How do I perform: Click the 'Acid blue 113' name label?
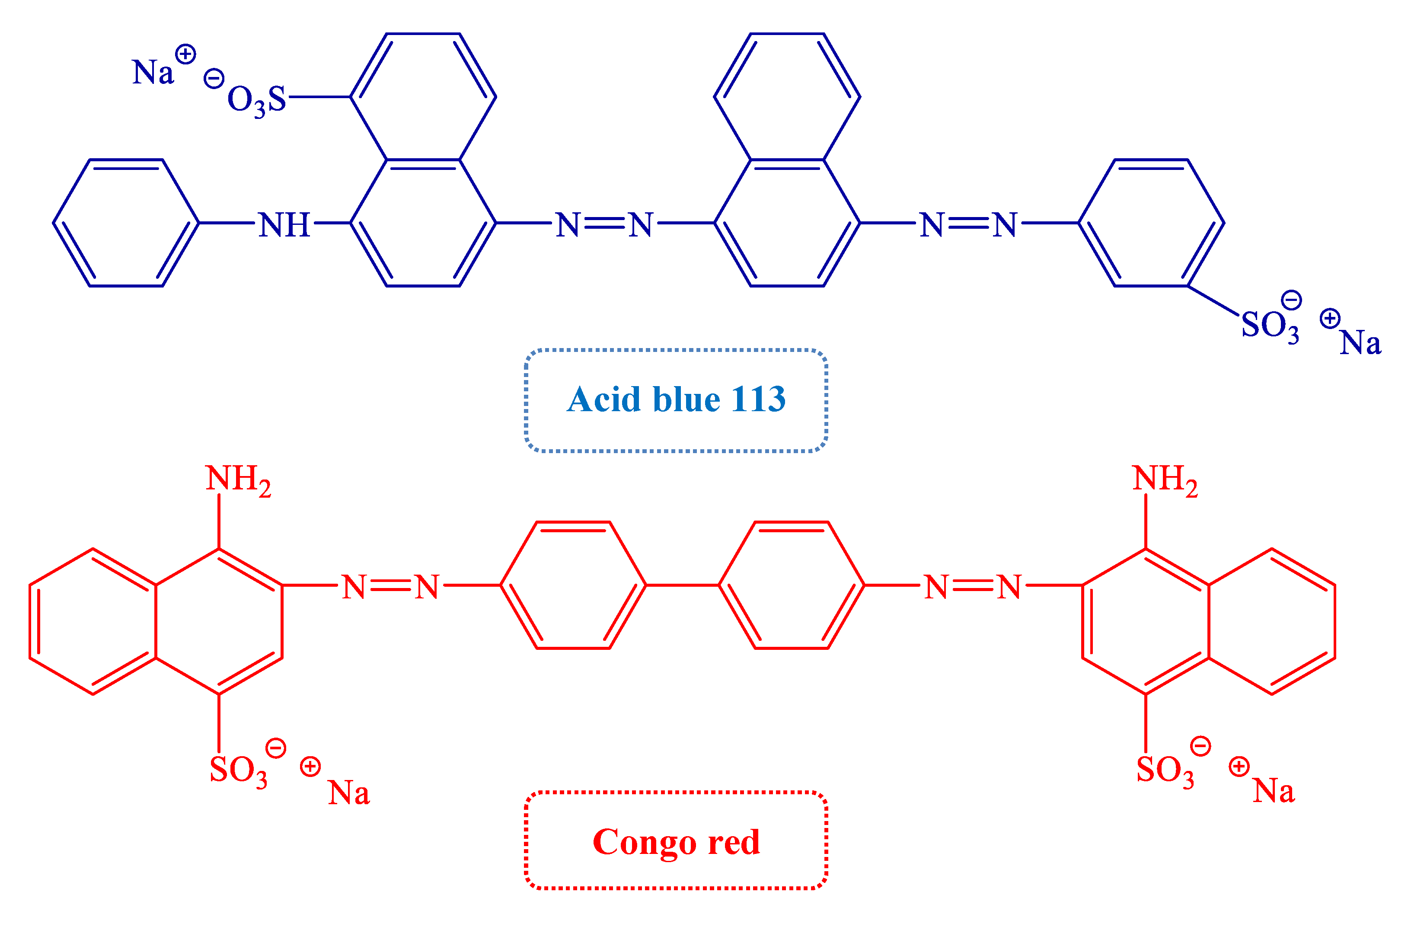[676, 400]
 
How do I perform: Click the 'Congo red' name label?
[676, 842]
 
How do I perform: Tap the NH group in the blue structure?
[284, 225]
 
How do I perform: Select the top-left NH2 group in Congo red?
[237, 479]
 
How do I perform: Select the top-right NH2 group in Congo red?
[1164, 479]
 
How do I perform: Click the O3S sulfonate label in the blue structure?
[256, 100]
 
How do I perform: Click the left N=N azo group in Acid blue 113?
[604, 225]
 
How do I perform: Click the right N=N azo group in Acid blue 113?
[968, 225]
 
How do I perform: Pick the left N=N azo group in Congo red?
[390, 587]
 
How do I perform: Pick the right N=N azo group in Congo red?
[973, 587]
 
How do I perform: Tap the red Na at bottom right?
[1273, 791]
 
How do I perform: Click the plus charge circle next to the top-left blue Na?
[185, 54]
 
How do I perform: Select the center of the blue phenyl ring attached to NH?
[126, 223]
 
